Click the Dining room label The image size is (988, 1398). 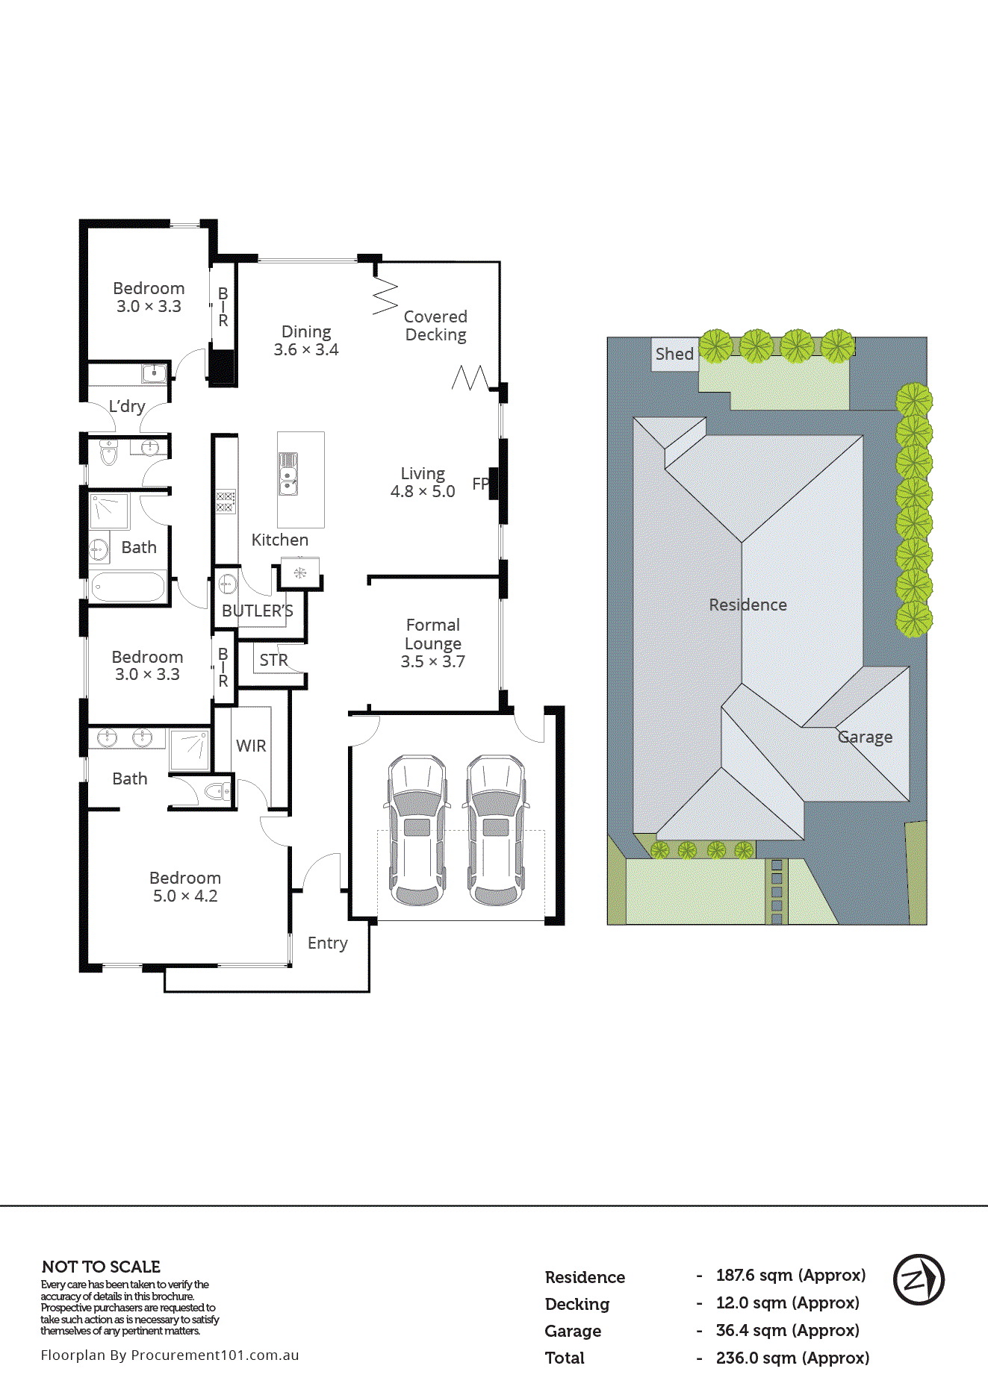(306, 331)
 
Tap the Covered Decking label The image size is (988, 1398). (435, 326)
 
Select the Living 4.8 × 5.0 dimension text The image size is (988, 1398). (423, 492)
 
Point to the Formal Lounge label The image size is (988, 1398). (433, 634)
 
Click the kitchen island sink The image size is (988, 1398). (288, 473)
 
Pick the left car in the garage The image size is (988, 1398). (417, 830)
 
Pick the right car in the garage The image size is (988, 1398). (496, 830)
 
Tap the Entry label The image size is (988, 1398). (328, 943)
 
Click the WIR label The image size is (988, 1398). (251, 746)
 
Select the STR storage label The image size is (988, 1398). (273, 661)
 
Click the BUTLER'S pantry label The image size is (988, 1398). (258, 611)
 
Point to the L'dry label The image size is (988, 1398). (127, 407)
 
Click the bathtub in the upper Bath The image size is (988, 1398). (128, 587)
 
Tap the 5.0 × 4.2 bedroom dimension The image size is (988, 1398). (185, 896)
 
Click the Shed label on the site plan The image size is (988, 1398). (674, 354)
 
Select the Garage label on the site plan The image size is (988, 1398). (865, 737)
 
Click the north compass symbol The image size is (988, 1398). (919, 1280)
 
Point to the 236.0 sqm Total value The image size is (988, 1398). (792, 1358)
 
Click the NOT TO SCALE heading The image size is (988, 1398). (102, 1267)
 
